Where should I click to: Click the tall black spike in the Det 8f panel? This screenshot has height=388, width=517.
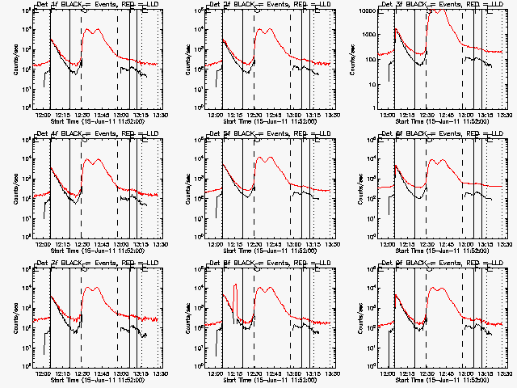[235, 287]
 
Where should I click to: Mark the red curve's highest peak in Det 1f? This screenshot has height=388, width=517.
[97, 29]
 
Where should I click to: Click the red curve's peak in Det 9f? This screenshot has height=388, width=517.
[442, 286]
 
